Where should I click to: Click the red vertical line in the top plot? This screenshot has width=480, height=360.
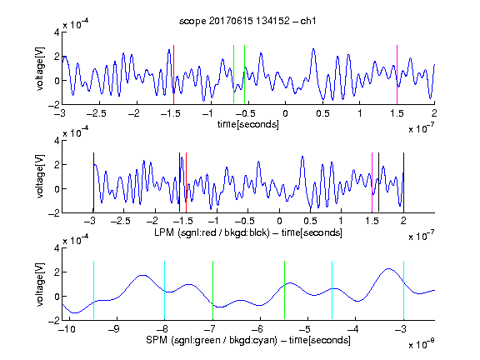173,75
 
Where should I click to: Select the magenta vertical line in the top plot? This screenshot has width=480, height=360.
397,75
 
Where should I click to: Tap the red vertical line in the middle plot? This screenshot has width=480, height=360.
186,182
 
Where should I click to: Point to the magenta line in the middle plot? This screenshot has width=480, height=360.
372,182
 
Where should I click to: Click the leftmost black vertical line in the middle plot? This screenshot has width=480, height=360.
93,182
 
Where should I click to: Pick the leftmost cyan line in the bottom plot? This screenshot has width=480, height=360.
93,290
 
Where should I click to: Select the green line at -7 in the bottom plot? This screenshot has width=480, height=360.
212,290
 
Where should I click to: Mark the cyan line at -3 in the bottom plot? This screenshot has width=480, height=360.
403,290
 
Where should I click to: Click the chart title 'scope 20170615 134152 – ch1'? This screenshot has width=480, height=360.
247,21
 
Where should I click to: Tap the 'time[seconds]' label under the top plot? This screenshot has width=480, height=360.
248,124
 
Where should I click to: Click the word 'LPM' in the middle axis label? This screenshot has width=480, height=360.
164,232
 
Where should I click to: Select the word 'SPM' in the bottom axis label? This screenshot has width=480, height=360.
157,340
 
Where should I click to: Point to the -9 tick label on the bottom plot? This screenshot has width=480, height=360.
114,329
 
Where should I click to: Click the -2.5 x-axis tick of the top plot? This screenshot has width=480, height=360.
96,113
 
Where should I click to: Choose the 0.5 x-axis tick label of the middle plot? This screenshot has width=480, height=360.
310,221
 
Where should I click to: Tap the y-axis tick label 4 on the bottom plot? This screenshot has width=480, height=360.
57,248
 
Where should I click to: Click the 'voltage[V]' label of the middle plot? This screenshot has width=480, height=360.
40,177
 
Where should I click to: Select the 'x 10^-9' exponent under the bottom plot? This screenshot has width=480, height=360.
421,344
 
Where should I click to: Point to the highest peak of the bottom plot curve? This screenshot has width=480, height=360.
388,269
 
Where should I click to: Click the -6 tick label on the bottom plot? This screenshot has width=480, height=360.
260,329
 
